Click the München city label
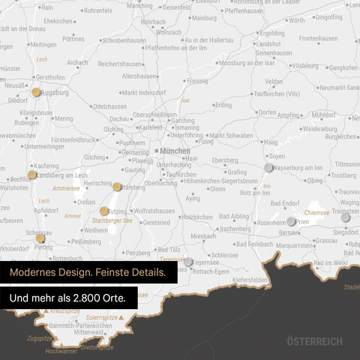pyautogui.click(x=175, y=151)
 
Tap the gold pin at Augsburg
pyautogui.click(x=36, y=92)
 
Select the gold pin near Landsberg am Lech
pyautogui.click(x=31, y=175)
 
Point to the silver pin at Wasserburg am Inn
pyautogui.click(x=268, y=167)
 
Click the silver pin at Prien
pyautogui.click(x=292, y=221)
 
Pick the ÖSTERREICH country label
pyautogui.click(x=314, y=342)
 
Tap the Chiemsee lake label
pyautogui.click(x=316, y=213)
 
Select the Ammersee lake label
pyautogui.click(x=66, y=188)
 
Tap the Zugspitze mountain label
pyautogui.click(x=39, y=338)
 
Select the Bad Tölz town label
pyautogui.click(x=171, y=250)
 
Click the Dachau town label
pyautogui.click(x=120, y=118)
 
